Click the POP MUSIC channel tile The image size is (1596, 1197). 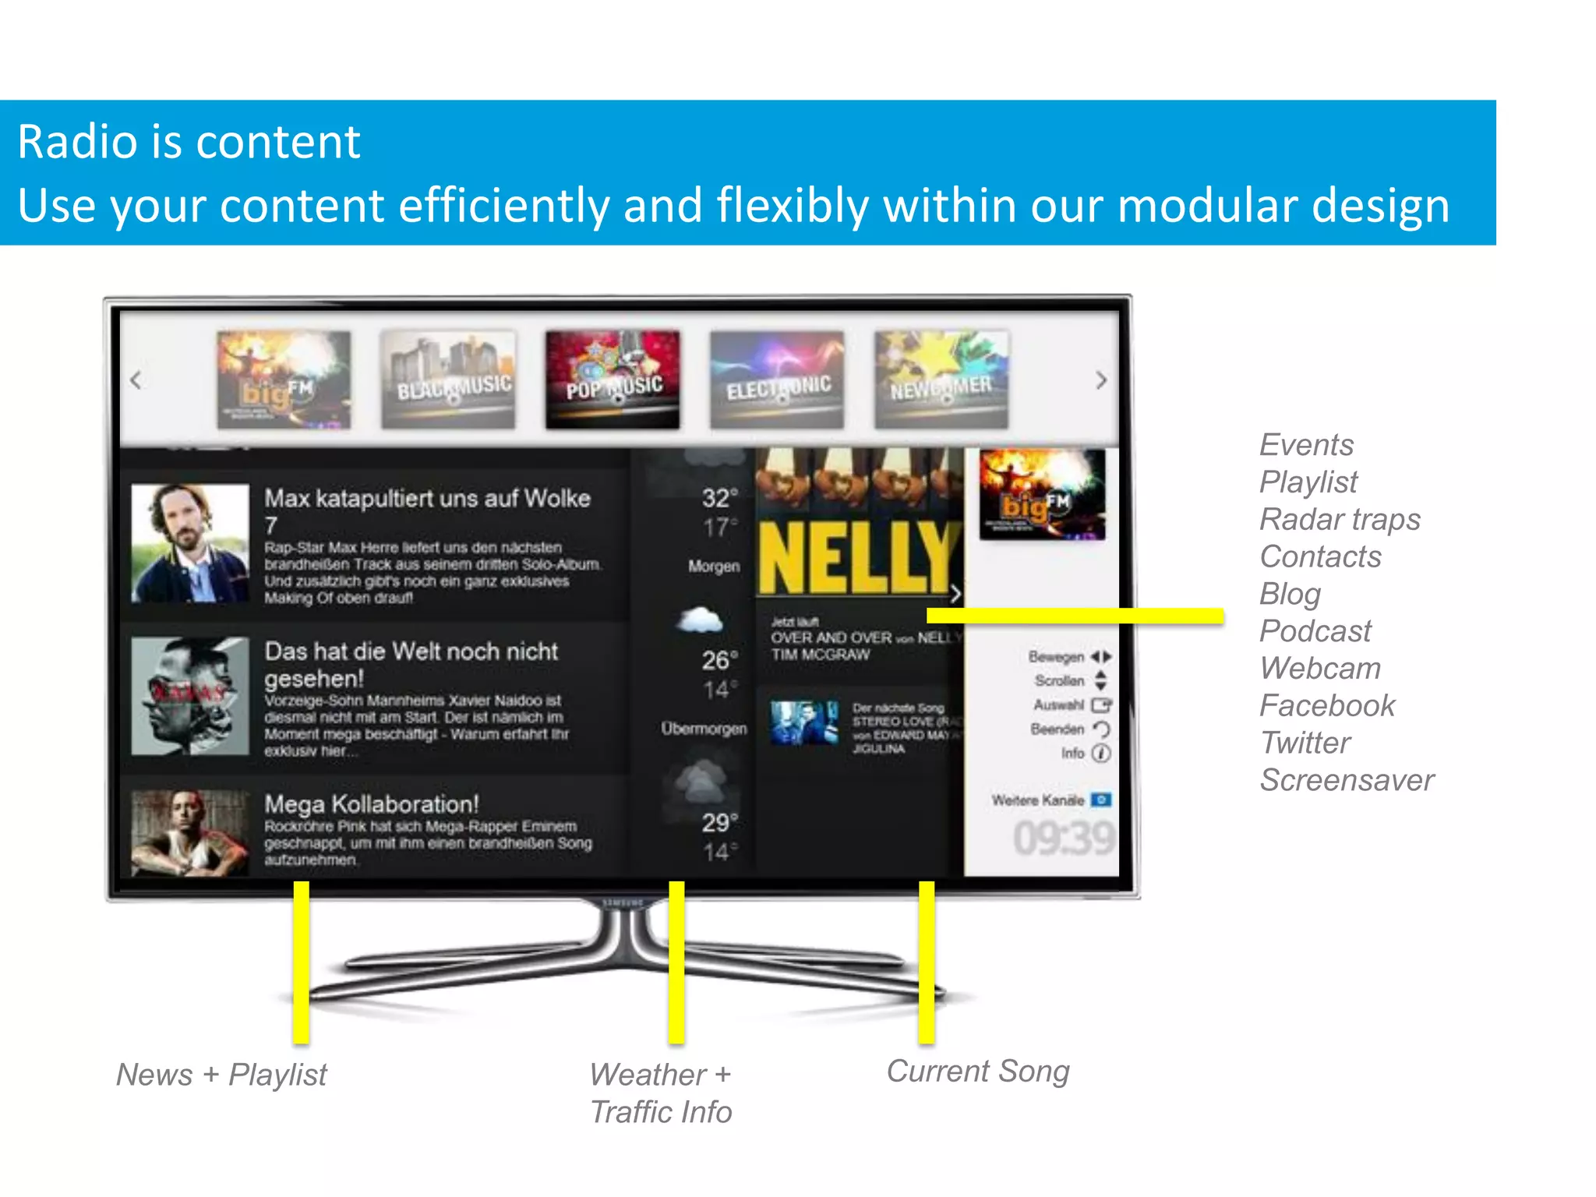click(613, 380)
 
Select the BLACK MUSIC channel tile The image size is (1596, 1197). click(448, 380)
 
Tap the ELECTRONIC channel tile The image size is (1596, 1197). click(777, 380)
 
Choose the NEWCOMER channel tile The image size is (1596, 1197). click(941, 380)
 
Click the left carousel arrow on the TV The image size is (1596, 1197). click(136, 380)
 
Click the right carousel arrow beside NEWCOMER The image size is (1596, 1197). click(1100, 380)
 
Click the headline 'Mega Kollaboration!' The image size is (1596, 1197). click(371, 803)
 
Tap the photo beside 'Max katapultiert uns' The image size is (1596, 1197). click(190, 543)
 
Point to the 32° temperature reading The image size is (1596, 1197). click(719, 498)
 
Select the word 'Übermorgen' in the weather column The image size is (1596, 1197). click(704, 729)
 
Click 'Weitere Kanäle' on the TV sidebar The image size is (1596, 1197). click(1038, 800)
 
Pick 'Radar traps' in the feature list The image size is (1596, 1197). click(1340, 519)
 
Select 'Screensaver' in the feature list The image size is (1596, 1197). click(1347, 780)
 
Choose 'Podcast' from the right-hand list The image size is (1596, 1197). click(1315, 631)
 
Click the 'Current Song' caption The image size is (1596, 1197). click(978, 1072)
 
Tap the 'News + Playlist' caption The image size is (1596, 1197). click(221, 1075)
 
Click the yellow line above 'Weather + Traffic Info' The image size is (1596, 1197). click(676, 962)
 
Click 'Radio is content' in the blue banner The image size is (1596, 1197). click(189, 142)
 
